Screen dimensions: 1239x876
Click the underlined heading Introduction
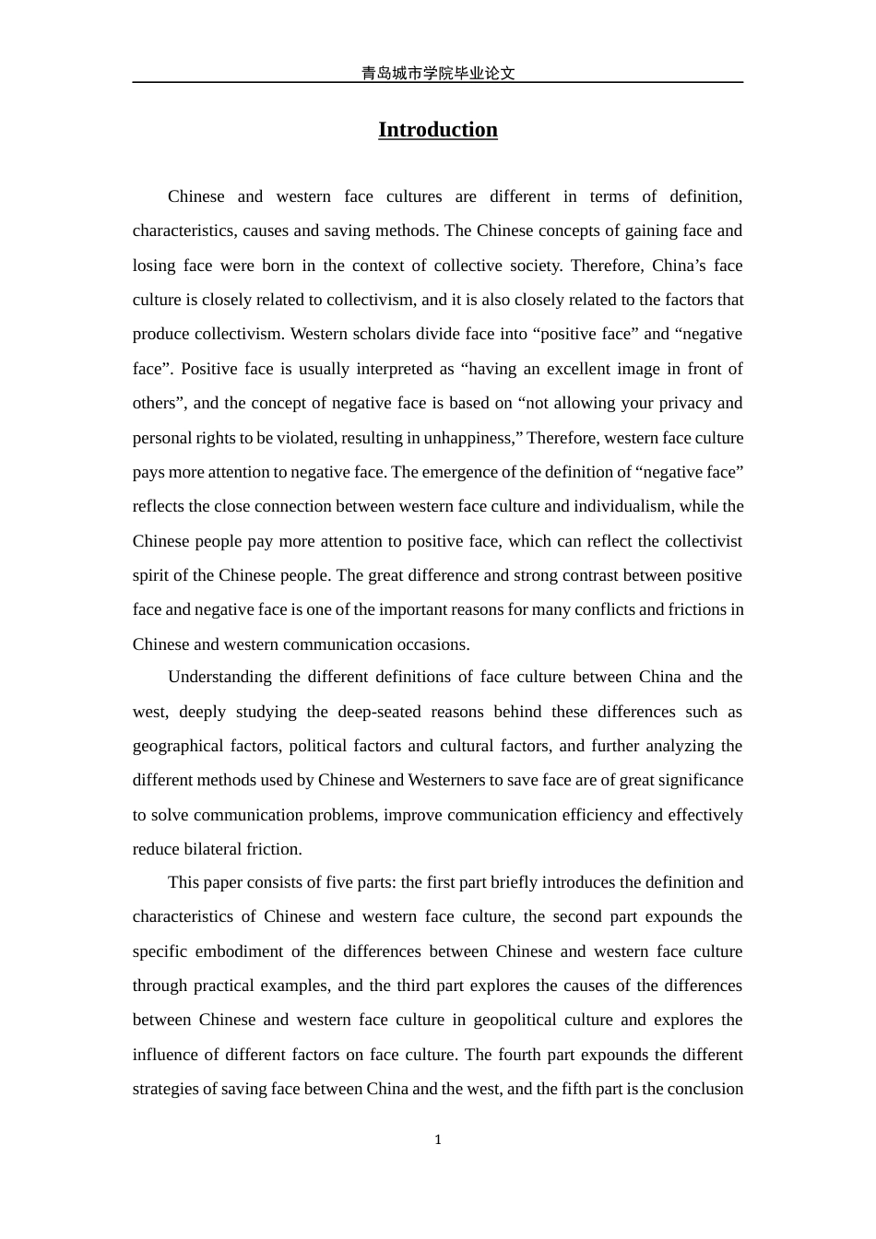tap(437, 130)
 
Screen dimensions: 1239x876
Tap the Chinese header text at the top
tap(437, 73)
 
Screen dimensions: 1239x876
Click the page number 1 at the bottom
tap(438, 1140)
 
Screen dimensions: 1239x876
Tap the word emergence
tap(459, 472)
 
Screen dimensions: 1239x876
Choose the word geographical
tap(174, 746)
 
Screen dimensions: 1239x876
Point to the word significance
tap(700, 780)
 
